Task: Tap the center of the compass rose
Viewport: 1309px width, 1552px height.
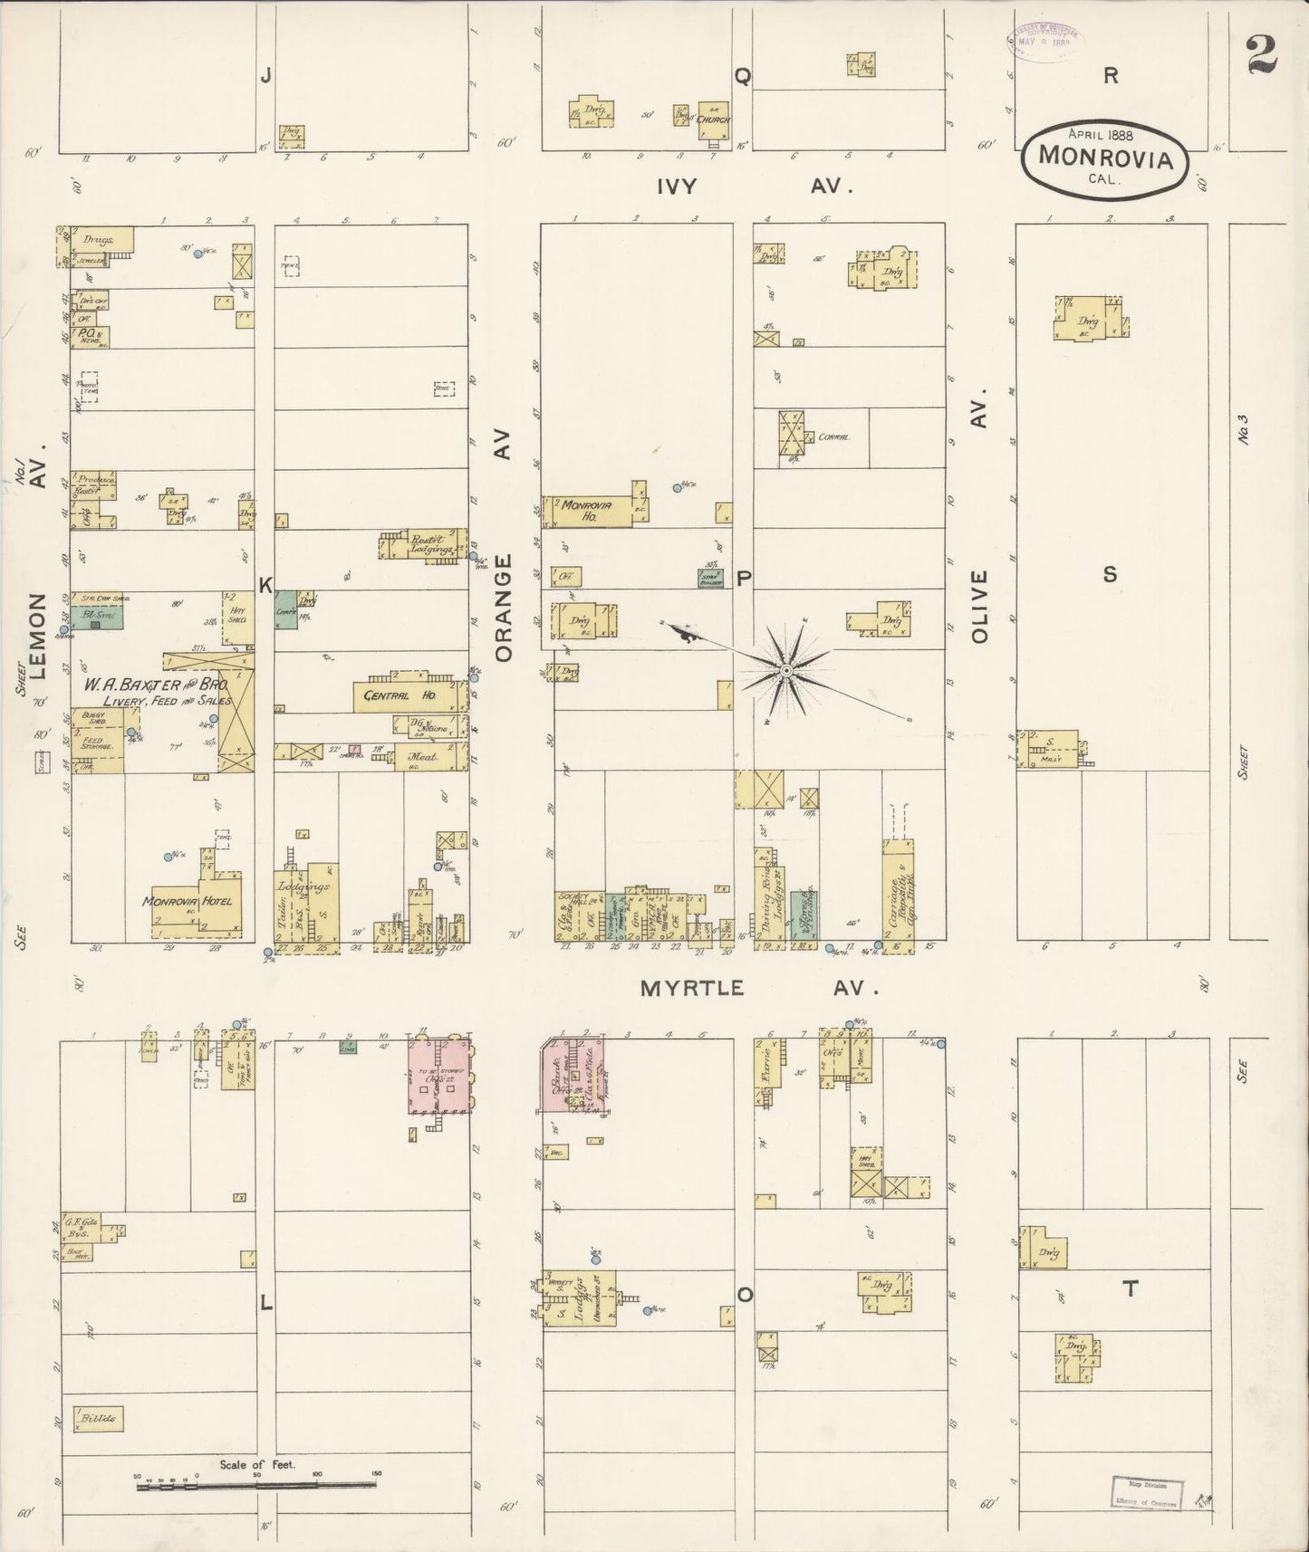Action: (x=786, y=670)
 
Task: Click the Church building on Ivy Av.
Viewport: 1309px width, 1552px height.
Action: (x=714, y=117)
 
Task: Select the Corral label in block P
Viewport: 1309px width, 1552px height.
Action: (x=833, y=436)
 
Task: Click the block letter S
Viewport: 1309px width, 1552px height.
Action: (x=1110, y=574)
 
